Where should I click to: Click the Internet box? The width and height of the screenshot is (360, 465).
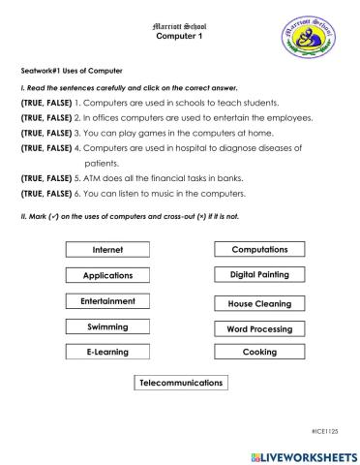(107, 250)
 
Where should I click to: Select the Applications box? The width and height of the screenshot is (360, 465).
(107, 276)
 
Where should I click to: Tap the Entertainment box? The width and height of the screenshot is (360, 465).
(107, 301)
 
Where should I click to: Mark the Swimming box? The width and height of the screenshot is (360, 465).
(107, 326)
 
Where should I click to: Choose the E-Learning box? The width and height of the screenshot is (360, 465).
(107, 352)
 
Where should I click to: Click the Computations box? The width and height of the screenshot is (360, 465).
(259, 250)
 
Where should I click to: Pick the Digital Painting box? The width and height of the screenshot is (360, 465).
(259, 275)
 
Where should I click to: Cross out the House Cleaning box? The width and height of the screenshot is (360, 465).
(259, 303)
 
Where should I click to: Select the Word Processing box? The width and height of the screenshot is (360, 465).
(259, 328)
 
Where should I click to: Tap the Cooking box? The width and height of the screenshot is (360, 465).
(259, 352)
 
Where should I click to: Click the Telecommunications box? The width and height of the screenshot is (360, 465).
(181, 383)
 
